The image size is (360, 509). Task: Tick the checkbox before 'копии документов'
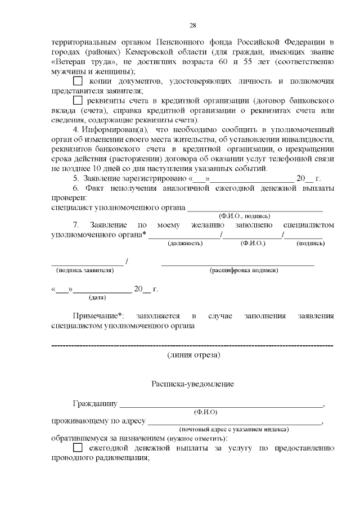(78, 82)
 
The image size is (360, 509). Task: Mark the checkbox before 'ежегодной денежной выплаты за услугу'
(78, 448)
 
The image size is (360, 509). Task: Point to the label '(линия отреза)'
(193, 355)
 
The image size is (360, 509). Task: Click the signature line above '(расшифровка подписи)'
(237, 264)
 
